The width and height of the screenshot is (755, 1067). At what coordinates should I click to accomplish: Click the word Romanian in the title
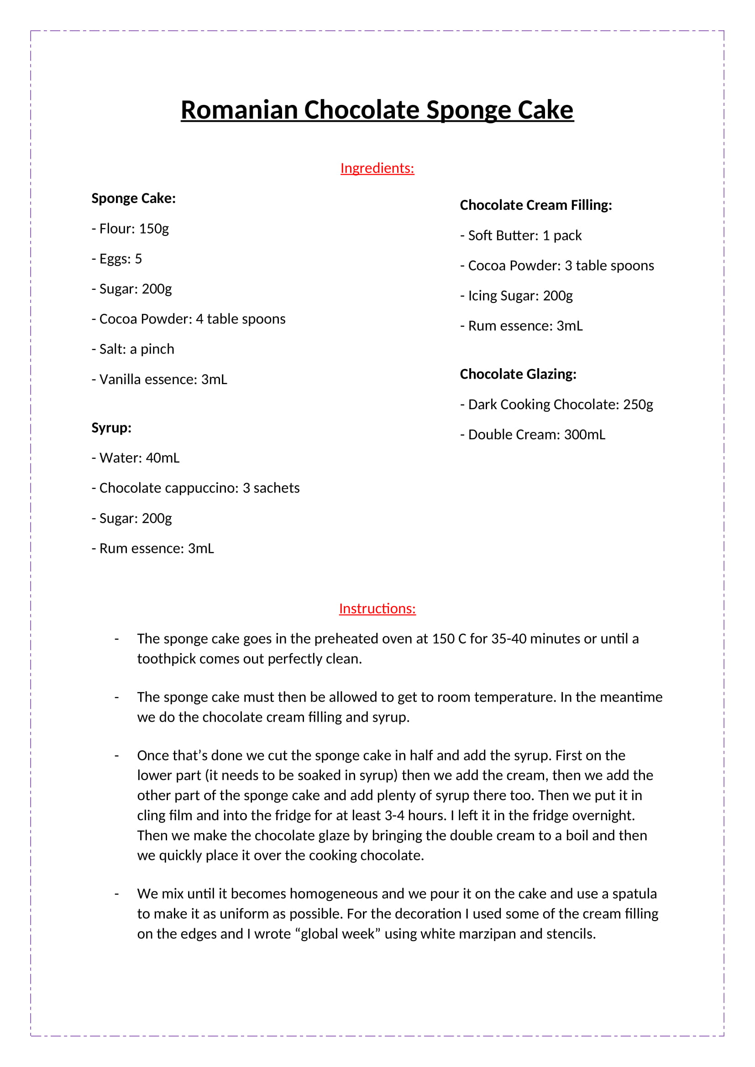click(x=239, y=110)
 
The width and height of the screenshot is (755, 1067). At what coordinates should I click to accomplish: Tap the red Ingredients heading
click(x=377, y=168)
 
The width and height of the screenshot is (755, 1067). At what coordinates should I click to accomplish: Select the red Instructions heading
click(x=377, y=609)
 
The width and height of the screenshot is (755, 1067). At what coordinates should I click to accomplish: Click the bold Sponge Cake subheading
click(x=133, y=198)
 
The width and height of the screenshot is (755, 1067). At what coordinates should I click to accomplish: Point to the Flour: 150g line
click(x=130, y=229)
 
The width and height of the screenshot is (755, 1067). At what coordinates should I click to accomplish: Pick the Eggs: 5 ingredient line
click(x=117, y=259)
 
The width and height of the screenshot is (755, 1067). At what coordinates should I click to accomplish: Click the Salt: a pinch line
click(x=133, y=349)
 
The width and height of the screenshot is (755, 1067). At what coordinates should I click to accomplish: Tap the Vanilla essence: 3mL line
click(x=159, y=379)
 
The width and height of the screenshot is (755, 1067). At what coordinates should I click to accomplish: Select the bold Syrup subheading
click(x=111, y=427)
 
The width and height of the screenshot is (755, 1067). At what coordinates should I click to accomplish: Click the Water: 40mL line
click(x=135, y=458)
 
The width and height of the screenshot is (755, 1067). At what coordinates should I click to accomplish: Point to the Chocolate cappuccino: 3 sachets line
click(x=196, y=488)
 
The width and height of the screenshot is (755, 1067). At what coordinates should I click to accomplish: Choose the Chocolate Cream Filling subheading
click(x=535, y=205)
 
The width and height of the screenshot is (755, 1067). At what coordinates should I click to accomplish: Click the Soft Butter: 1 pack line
click(x=521, y=235)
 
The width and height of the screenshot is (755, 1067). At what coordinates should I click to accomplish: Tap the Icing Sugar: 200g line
click(x=516, y=296)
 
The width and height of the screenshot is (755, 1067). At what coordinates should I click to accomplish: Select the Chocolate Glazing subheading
click(x=518, y=374)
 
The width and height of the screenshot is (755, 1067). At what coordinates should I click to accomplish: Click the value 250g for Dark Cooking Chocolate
click(x=638, y=404)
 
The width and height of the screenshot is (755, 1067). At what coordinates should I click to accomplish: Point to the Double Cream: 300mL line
click(x=533, y=435)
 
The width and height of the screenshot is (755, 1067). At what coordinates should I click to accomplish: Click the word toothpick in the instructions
click(x=168, y=659)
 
